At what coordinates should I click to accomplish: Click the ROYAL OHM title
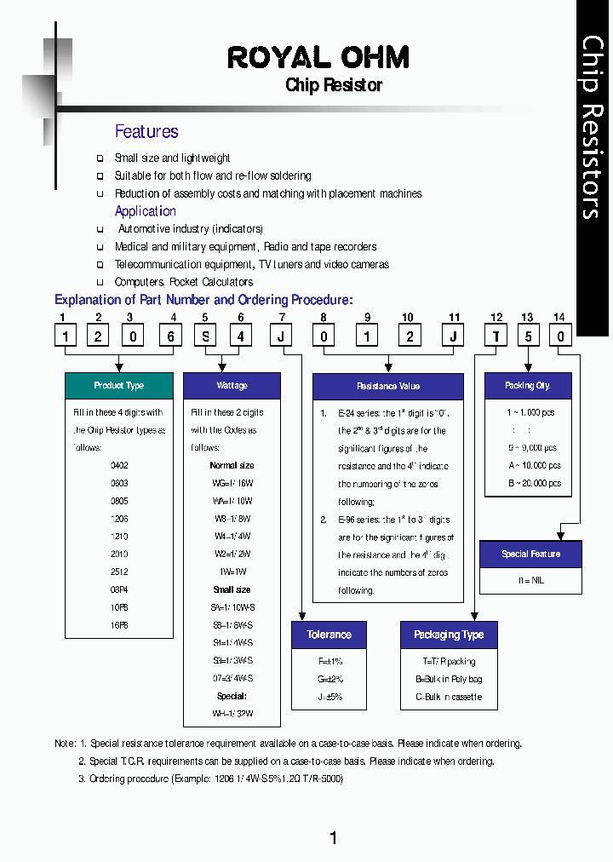tap(318, 58)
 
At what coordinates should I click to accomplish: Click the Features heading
tap(146, 131)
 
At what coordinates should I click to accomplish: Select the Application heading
tap(146, 211)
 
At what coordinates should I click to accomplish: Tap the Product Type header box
tap(119, 386)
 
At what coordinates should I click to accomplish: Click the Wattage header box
tap(232, 386)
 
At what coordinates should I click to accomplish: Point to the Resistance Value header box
tap(388, 387)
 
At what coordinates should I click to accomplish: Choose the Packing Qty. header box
tap(528, 386)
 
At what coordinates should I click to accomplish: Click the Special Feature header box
tap(530, 555)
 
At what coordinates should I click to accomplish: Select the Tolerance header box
tap(329, 635)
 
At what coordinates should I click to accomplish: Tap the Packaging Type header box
tap(449, 635)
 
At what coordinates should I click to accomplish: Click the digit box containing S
tap(205, 336)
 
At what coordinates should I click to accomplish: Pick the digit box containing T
tap(496, 336)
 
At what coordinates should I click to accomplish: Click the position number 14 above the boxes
tap(559, 318)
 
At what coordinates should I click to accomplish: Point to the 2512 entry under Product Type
tap(119, 572)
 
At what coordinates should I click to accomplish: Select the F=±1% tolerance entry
tap(329, 661)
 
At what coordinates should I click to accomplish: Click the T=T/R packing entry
tap(449, 661)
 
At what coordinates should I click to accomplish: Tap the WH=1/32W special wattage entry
tap(232, 714)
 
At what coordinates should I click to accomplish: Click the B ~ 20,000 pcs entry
tap(535, 483)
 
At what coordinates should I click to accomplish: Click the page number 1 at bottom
tap(333, 838)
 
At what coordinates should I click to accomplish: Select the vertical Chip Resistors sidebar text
tap(593, 128)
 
